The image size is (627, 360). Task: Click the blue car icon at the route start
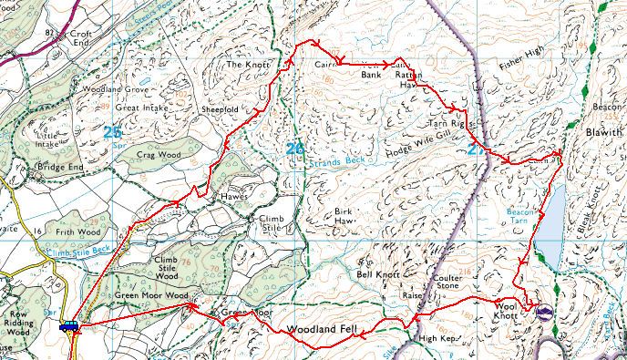pos(68,326)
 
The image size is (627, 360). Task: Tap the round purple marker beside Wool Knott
pos(545,312)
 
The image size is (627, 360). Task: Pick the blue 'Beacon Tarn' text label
pos(519,215)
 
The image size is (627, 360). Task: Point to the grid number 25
pos(112,132)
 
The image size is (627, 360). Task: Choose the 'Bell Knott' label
pos(377,273)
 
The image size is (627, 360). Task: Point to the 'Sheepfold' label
pos(220,108)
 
